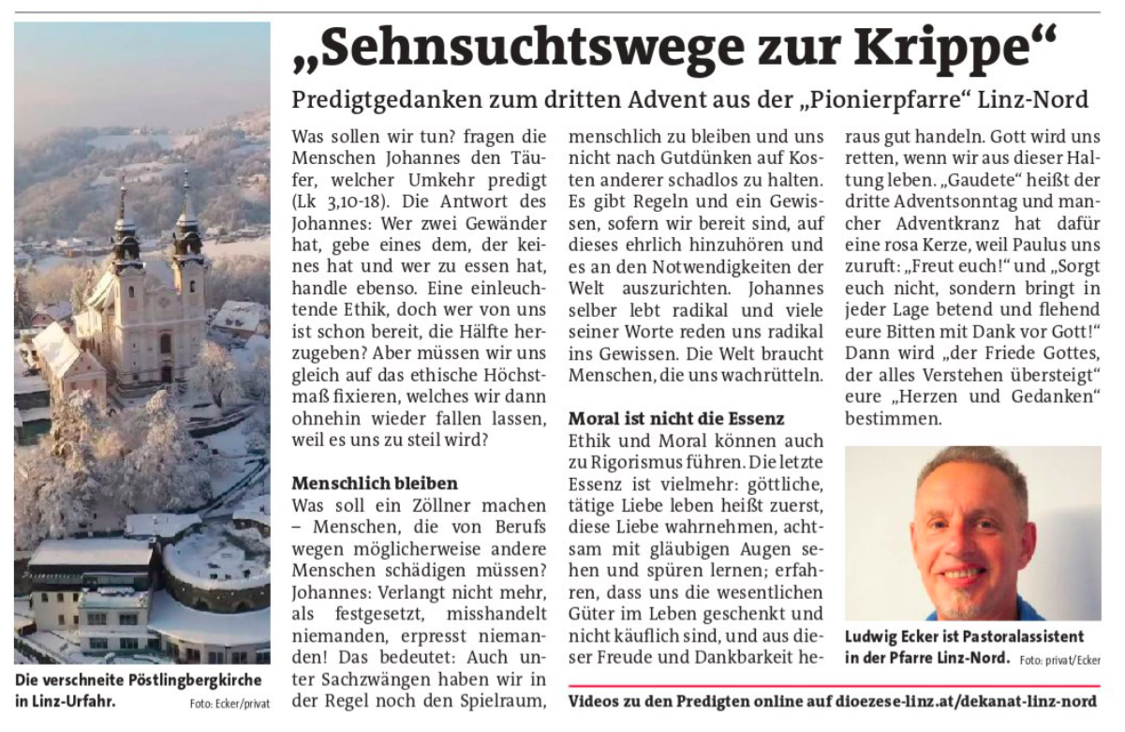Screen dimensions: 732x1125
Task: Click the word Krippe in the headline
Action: tap(969, 47)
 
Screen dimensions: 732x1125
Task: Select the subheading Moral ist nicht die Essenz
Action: tap(676, 418)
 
